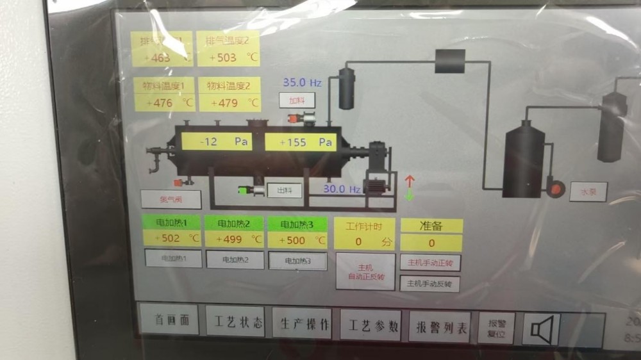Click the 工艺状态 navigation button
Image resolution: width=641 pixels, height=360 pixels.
(235, 322)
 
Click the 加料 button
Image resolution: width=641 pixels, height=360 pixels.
(297, 101)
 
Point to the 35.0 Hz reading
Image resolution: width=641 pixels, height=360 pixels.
(302, 83)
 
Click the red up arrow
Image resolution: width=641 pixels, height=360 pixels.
(410, 181)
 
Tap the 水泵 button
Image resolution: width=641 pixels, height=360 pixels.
(588, 191)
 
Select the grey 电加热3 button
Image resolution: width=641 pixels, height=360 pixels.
(297, 261)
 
